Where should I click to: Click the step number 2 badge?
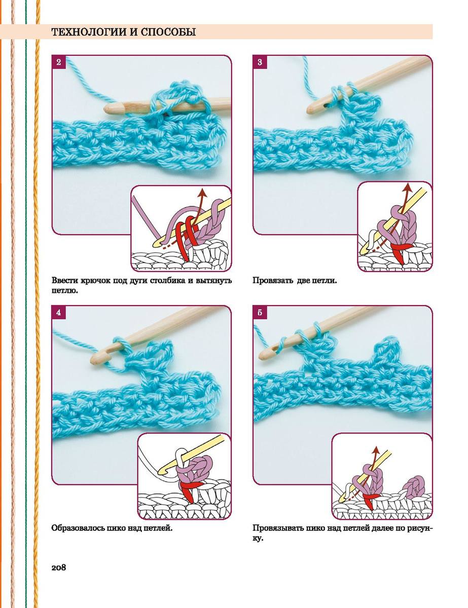pyautogui.click(x=59, y=62)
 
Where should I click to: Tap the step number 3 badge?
pyautogui.click(x=260, y=62)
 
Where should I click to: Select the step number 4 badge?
pyautogui.click(x=59, y=313)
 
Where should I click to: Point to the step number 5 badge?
pyautogui.click(x=260, y=313)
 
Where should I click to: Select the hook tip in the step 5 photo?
pyautogui.click(x=261, y=355)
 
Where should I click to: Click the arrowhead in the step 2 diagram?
pyautogui.click(x=201, y=193)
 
